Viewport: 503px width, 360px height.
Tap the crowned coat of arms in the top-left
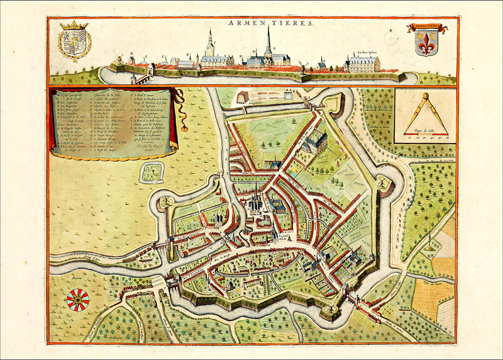tap(74, 41)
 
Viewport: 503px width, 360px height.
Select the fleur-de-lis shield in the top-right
tap(427, 42)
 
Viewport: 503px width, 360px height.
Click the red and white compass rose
tap(77, 300)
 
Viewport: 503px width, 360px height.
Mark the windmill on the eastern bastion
tap(382, 184)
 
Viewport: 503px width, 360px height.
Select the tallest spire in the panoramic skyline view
tap(268, 44)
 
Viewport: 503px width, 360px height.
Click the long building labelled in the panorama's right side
tap(363, 64)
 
